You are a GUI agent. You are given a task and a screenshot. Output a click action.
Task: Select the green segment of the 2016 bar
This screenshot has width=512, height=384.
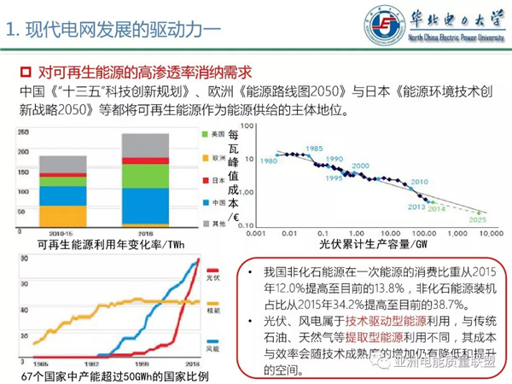pyautogui.click(x=145, y=175)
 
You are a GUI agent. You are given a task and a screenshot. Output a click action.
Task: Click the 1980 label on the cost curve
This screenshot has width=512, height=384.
pyautogui.click(x=270, y=161)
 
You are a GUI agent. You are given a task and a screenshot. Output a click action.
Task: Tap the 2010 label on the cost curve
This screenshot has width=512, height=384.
pyautogui.click(x=418, y=182)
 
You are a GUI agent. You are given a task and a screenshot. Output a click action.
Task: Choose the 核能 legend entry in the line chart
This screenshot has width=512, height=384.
pyautogui.click(x=214, y=311)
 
